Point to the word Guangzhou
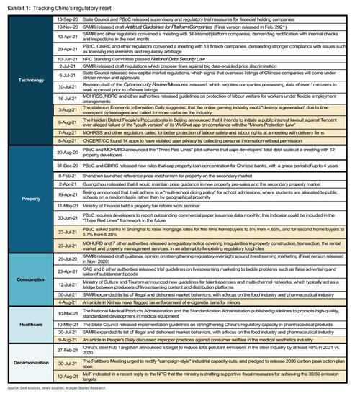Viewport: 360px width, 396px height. coord(96,204)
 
